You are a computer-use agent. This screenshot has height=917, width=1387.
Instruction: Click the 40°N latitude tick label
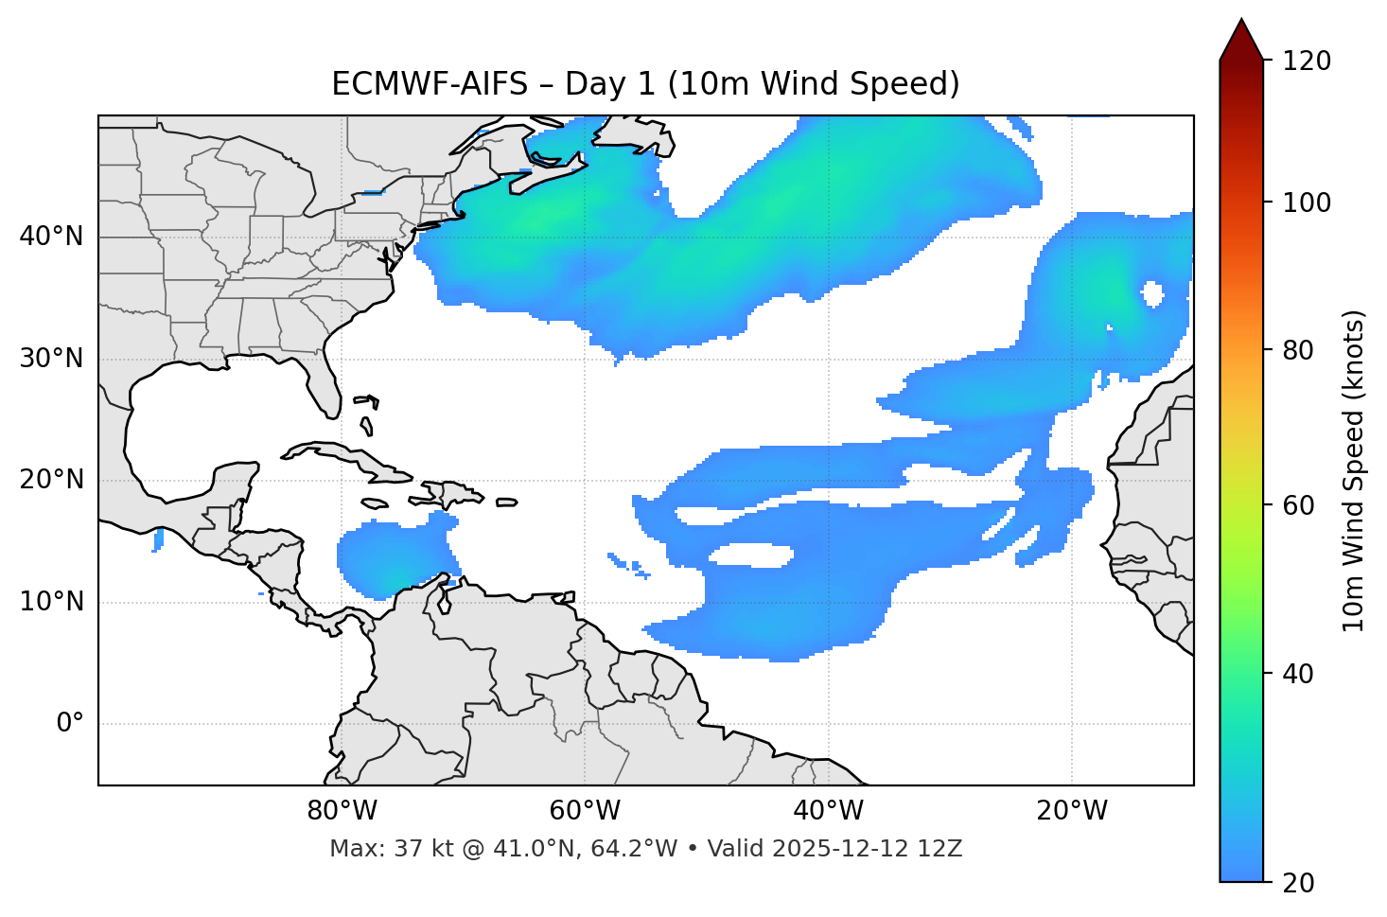(x=51, y=237)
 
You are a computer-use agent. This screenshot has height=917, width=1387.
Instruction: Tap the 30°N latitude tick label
(x=51, y=359)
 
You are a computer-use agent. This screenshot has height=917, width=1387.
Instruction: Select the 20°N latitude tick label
(x=51, y=480)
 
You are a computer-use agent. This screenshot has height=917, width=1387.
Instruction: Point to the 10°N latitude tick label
(x=51, y=602)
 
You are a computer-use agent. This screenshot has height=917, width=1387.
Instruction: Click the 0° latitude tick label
(x=70, y=724)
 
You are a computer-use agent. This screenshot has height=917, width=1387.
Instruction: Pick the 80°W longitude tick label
(x=342, y=811)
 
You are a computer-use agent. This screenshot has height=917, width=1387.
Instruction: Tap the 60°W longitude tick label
(x=585, y=811)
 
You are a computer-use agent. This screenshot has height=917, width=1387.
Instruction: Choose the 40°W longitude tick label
(x=829, y=811)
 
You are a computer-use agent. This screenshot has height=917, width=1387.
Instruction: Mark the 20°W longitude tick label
(x=1072, y=811)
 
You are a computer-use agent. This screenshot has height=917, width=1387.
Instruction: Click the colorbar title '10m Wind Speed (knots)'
(x=1354, y=470)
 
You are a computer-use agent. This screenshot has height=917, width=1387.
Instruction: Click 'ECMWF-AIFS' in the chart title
(x=430, y=84)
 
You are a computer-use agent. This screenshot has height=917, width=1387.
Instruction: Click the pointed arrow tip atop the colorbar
(x=1241, y=24)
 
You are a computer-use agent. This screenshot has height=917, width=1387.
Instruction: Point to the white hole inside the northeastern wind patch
(x=1152, y=293)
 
